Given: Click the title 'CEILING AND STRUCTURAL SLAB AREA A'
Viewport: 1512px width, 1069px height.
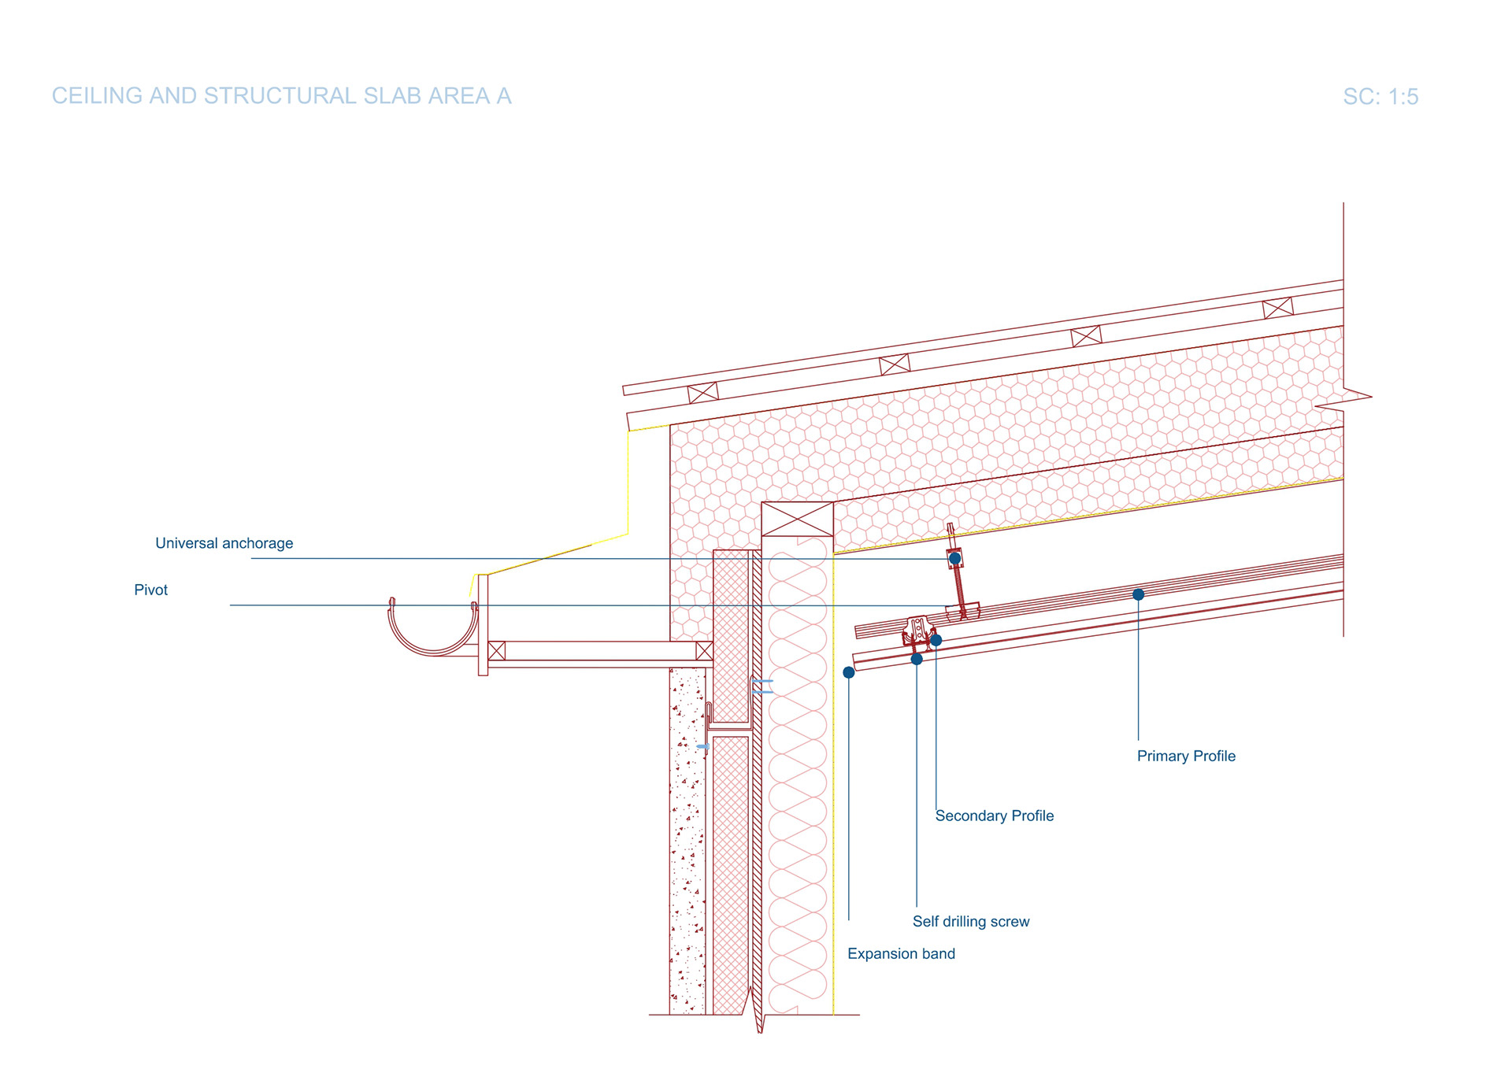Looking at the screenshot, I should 281,96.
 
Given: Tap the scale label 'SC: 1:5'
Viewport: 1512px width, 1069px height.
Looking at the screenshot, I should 1380,97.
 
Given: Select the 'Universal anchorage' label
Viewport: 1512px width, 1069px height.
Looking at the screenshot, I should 224,543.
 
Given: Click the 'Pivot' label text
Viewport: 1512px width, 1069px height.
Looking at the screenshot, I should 150,590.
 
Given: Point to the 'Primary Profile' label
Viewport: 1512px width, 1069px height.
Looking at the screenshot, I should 1185,756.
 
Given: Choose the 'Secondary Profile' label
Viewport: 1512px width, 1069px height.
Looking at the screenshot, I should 994,816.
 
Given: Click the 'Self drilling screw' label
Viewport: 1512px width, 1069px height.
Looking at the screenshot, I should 970,921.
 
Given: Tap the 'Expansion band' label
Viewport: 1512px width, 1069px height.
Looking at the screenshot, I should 901,953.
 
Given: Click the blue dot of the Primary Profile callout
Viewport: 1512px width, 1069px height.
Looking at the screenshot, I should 1138,594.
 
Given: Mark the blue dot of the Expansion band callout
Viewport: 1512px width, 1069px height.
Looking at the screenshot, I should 848,672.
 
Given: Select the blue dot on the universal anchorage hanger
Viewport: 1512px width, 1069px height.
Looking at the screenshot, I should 954,558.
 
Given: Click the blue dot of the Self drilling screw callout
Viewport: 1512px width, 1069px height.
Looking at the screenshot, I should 916,659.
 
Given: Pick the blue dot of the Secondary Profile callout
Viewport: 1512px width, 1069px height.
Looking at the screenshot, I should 936,640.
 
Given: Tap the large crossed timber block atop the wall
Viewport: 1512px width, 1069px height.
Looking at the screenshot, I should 797,520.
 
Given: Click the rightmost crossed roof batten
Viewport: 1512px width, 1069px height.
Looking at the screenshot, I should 1277,308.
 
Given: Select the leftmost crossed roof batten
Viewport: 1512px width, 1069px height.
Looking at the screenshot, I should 702,392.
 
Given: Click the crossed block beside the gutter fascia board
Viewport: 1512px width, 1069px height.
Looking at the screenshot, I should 496,650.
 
